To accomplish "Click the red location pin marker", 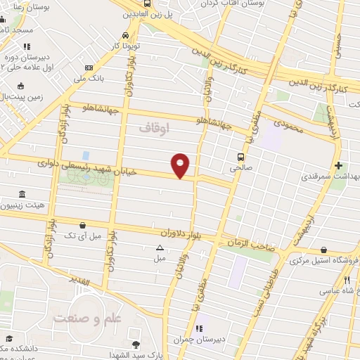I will pos(181,165).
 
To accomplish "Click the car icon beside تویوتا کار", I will pos(125,34).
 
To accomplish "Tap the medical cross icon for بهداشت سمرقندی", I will pos(339,166).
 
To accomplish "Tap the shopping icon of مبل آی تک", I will pos(84,225).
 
